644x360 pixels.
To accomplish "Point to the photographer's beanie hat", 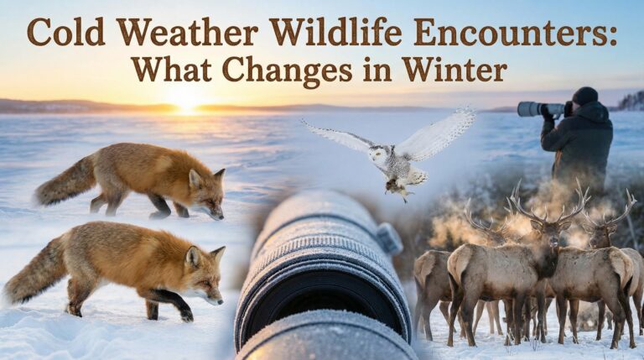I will [584, 96].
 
